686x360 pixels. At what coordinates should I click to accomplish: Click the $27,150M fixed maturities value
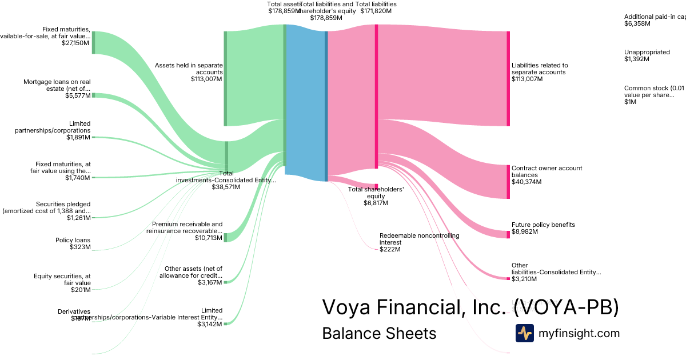76,43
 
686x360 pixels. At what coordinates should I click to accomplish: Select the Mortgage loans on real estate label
57,85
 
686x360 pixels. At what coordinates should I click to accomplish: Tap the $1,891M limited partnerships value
78,137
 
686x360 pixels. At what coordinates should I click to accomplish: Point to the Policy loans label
73,240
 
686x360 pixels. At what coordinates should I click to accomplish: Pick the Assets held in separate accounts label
189,69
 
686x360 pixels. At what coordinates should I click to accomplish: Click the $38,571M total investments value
226,187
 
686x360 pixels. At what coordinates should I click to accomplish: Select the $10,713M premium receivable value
209,238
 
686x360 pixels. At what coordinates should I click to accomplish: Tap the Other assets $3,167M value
210,282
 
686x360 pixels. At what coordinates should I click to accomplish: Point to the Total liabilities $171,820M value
378,11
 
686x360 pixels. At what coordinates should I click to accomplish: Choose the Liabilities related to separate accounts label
540,69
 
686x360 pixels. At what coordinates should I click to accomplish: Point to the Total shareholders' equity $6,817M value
376,203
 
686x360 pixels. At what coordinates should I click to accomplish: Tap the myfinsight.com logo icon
524,333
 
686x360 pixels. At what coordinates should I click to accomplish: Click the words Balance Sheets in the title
379,333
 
